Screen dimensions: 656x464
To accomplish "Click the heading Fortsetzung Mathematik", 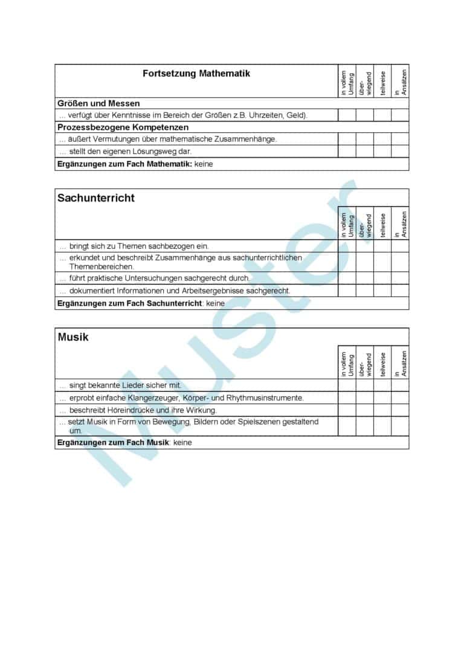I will pos(196,74).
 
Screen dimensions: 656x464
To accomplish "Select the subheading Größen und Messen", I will pos(98,103).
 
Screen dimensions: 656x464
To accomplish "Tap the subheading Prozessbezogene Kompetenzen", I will pos(123,127).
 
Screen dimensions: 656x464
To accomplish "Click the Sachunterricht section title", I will pos(96,198).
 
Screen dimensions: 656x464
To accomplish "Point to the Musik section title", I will pos(73,337).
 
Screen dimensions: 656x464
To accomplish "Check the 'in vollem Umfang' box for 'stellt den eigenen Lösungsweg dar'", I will pos(347,152).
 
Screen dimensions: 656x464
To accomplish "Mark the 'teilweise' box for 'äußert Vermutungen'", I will pos(382,139).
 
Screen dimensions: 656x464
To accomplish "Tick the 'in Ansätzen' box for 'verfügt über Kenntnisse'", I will pos(400,115).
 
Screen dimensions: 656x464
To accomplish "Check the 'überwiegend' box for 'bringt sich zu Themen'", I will pos(364,246).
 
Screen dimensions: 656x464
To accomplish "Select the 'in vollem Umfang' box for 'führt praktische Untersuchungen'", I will pos(347,278).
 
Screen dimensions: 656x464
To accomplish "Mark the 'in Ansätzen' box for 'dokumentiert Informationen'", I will pos(400,291).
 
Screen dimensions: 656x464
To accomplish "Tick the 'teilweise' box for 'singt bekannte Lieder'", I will pos(382,385).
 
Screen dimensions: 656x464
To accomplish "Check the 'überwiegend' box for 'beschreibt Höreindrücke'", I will pos(364,410).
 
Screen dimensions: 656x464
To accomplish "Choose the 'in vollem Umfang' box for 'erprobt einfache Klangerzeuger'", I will pos(347,397).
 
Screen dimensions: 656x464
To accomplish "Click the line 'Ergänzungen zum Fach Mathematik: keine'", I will pos(135,164).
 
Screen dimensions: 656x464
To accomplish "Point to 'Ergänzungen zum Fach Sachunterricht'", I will pos(129,303).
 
